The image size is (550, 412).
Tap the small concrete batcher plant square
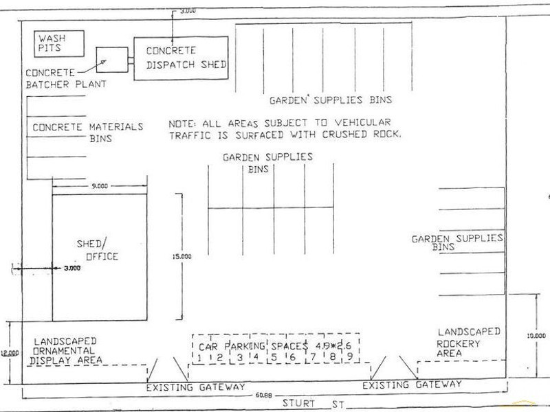(x=112, y=61)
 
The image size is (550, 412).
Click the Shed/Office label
(x=97, y=250)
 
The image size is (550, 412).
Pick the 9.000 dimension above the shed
(x=100, y=185)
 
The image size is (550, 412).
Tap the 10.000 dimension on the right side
(x=536, y=336)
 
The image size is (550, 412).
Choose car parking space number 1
(x=198, y=356)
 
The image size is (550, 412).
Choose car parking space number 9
(x=350, y=356)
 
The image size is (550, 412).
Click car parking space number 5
(x=273, y=356)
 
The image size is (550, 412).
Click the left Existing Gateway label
(x=196, y=387)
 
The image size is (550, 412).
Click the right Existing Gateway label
(x=412, y=385)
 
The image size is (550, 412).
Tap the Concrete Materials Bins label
(x=88, y=131)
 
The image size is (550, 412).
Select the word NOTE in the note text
(x=182, y=124)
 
